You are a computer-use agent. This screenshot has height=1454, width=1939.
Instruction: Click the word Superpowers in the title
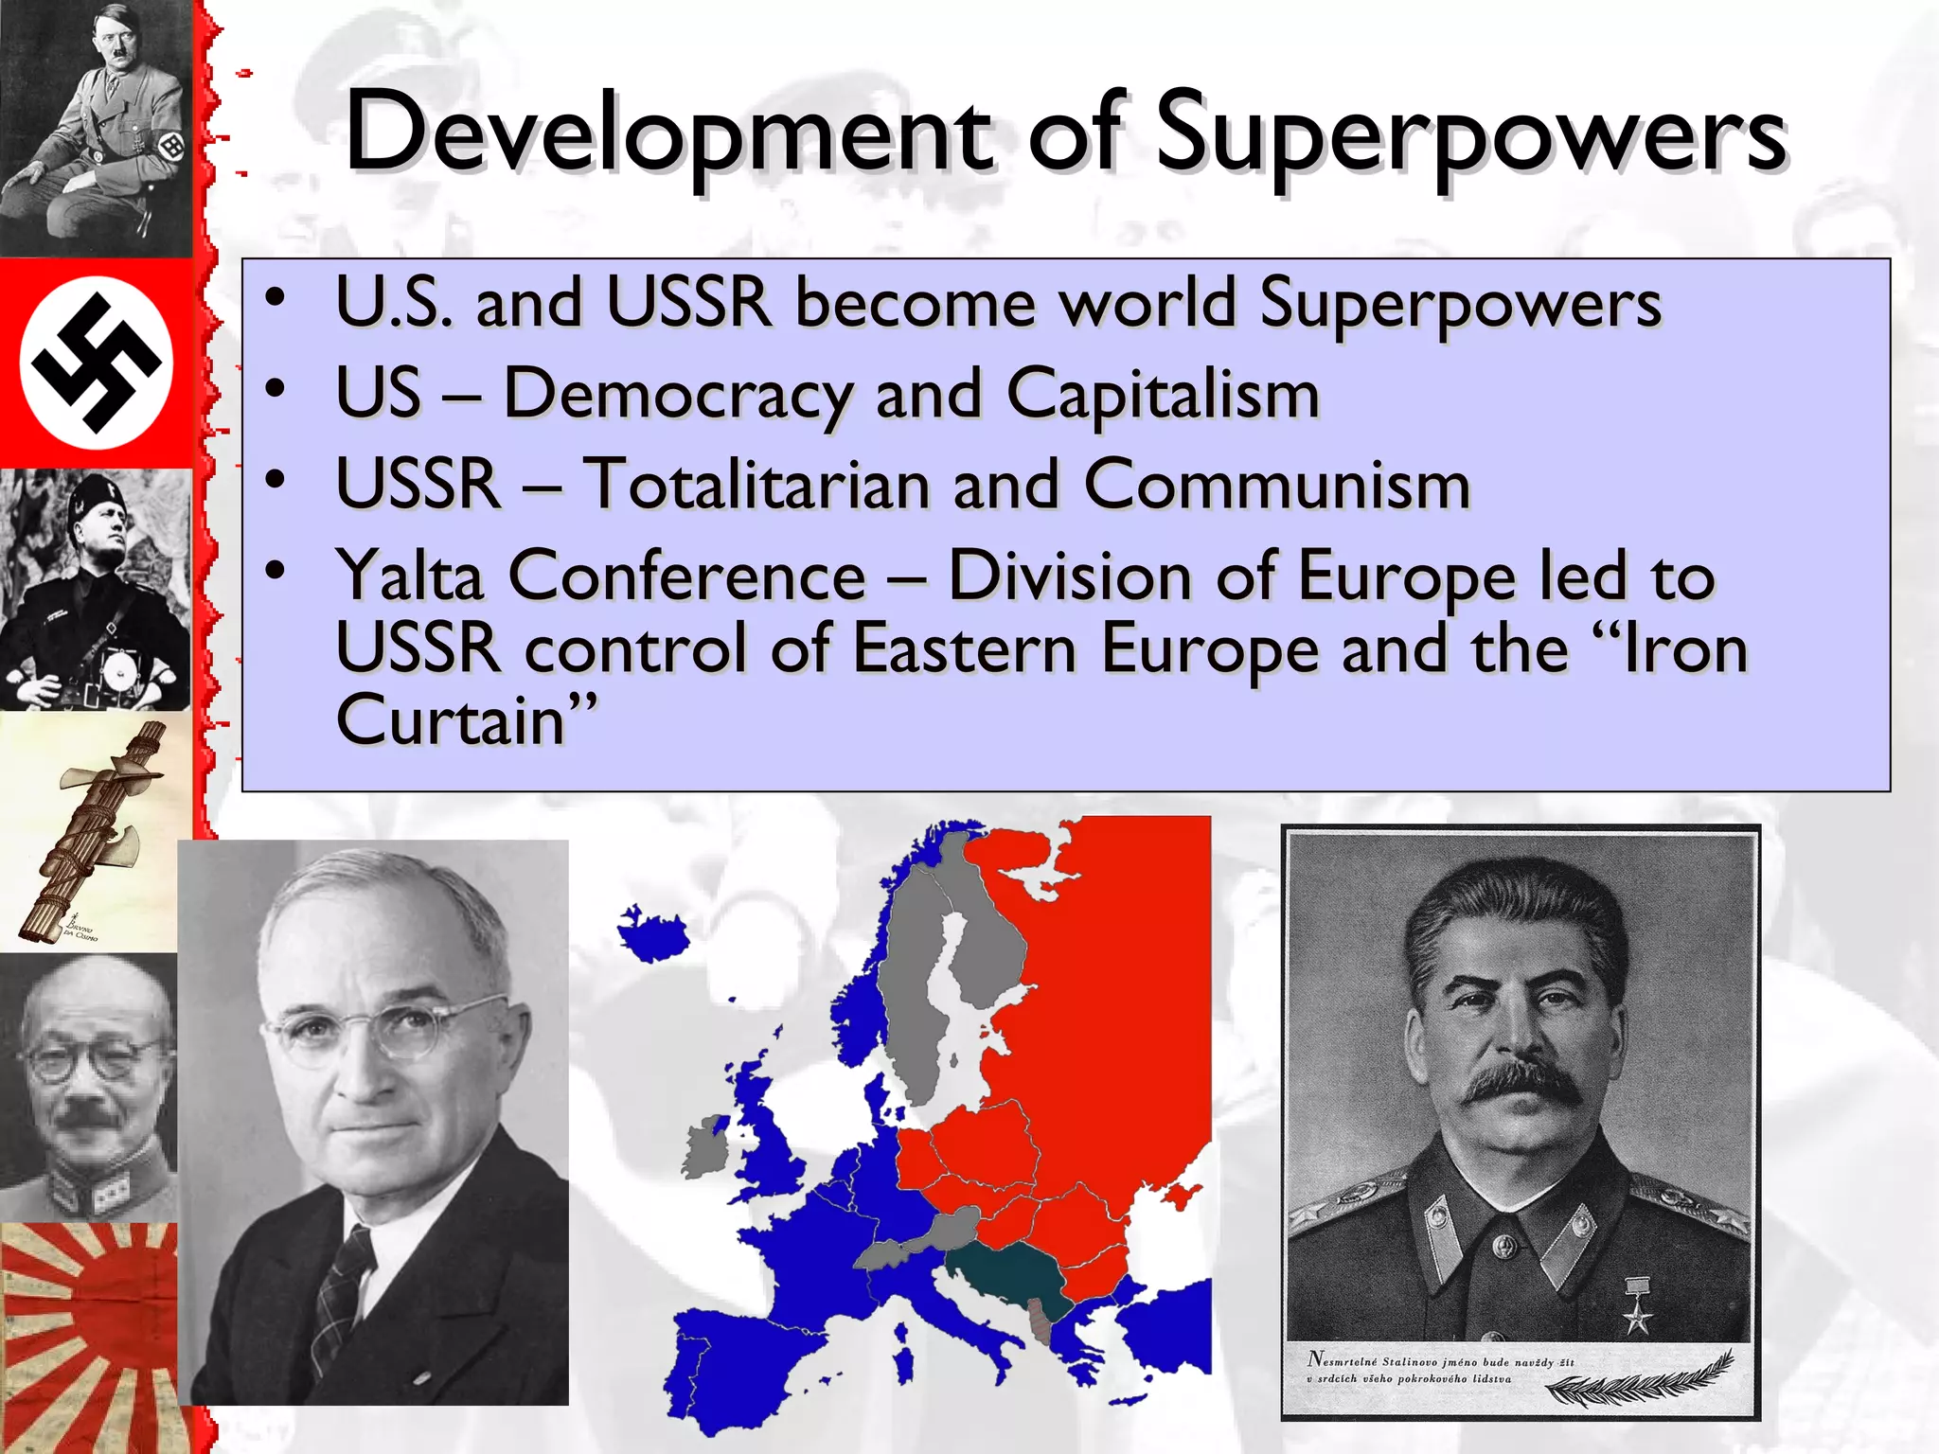1470,134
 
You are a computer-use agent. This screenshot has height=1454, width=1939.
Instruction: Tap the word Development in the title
668,134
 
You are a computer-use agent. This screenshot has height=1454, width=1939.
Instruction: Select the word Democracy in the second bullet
677,394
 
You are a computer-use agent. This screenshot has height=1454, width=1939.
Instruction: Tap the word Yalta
410,576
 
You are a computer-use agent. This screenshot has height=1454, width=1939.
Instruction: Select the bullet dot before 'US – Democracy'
276,388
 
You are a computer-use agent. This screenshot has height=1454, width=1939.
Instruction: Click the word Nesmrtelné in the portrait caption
1343,1360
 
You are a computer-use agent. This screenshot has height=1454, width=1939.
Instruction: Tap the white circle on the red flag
96,363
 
